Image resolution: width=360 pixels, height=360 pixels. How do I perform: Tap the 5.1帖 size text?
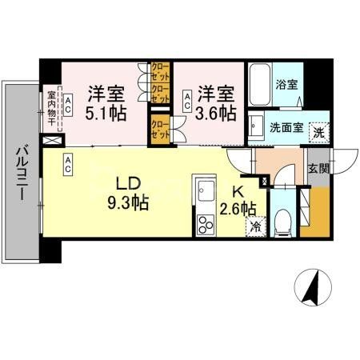pos(106,113)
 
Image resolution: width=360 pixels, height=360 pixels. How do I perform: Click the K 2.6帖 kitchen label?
pos(238,201)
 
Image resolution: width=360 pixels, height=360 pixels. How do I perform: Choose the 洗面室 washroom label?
pos(284,126)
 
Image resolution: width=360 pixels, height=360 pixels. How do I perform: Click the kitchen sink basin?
pos(203,191)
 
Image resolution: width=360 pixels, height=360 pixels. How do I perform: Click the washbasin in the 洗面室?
pos(257,126)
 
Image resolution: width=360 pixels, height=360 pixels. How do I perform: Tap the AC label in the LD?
pos(69,166)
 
